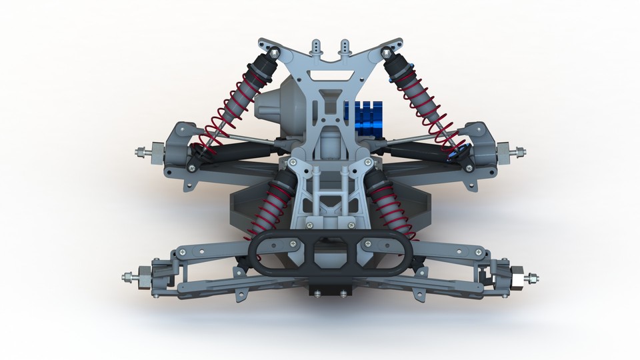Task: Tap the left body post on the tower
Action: pos(316,48)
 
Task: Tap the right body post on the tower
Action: pos(345,48)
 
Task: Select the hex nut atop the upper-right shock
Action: pos(386,51)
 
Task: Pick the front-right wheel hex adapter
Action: pos(515,276)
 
